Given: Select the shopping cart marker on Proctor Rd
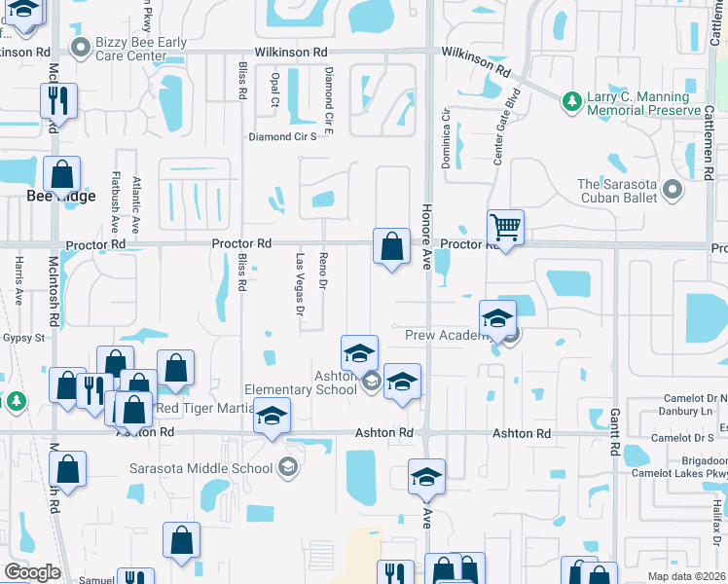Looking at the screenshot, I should (x=505, y=228).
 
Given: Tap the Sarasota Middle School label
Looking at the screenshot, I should (x=201, y=468).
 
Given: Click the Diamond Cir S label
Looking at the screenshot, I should (x=282, y=137).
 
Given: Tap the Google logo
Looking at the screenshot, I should (x=32, y=572).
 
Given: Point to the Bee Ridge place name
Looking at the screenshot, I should (x=61, y=197).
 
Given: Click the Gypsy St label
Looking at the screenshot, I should (x=27, y=338).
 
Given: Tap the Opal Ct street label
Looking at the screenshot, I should (x=275, y=89).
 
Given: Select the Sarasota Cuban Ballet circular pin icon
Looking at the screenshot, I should (x=670, y=186).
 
